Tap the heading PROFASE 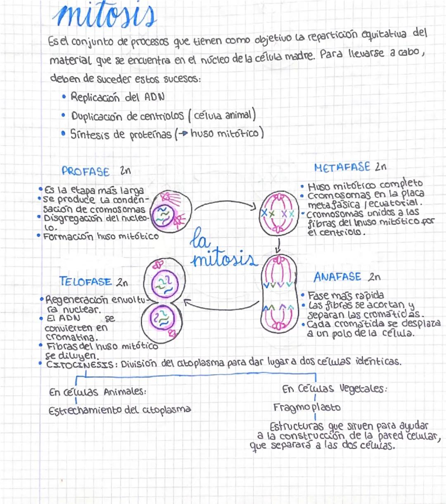click(85, 171)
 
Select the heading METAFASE click(342, 167)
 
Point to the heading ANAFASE click(337, 277)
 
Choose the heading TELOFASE click(85, 282)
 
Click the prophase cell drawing click(171, 212)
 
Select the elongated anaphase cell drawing click(279, 294)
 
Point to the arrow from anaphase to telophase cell click(221, 307)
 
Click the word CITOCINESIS click(80, 365)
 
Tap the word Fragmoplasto click(307, 407)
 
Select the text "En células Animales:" click(97, 392)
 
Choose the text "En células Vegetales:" click(334, 388)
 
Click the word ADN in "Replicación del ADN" click(154, 97)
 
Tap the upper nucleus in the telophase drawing click(165, 284)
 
